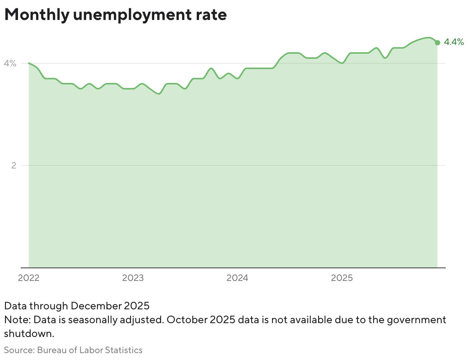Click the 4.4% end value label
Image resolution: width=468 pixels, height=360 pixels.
tap(454, 42)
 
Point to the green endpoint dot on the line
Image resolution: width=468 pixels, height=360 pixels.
tap(437, 42)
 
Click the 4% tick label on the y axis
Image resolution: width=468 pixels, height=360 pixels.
tap(10, 63)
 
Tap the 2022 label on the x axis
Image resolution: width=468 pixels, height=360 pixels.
tap(29, 278)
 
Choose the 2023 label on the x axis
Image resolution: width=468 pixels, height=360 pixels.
tap(133, 278)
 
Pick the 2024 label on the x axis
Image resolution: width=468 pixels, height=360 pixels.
tap(237, 278)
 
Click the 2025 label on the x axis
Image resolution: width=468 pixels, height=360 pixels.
tap(342, 278)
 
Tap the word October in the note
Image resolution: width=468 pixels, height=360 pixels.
tap(186, 320)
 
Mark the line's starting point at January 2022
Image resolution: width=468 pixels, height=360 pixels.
tap(29, 63)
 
